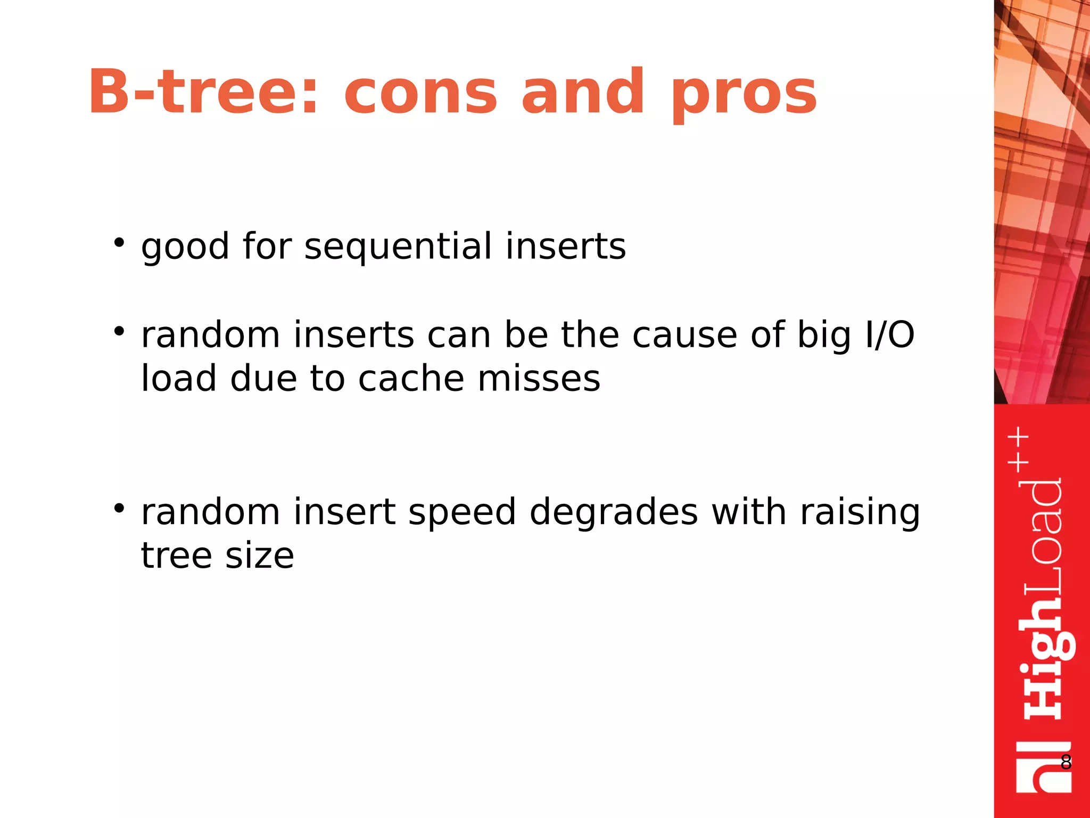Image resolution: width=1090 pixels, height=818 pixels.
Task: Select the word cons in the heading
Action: (x=420, y=94)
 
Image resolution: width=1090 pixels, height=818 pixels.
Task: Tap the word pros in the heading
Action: (x=744, y=96)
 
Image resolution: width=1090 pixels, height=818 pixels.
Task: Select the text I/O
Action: (x=889, y=336)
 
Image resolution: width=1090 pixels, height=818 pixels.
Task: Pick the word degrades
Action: (x=614, y=512)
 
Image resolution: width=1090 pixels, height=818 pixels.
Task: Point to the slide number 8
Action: (x=1066, y=762)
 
